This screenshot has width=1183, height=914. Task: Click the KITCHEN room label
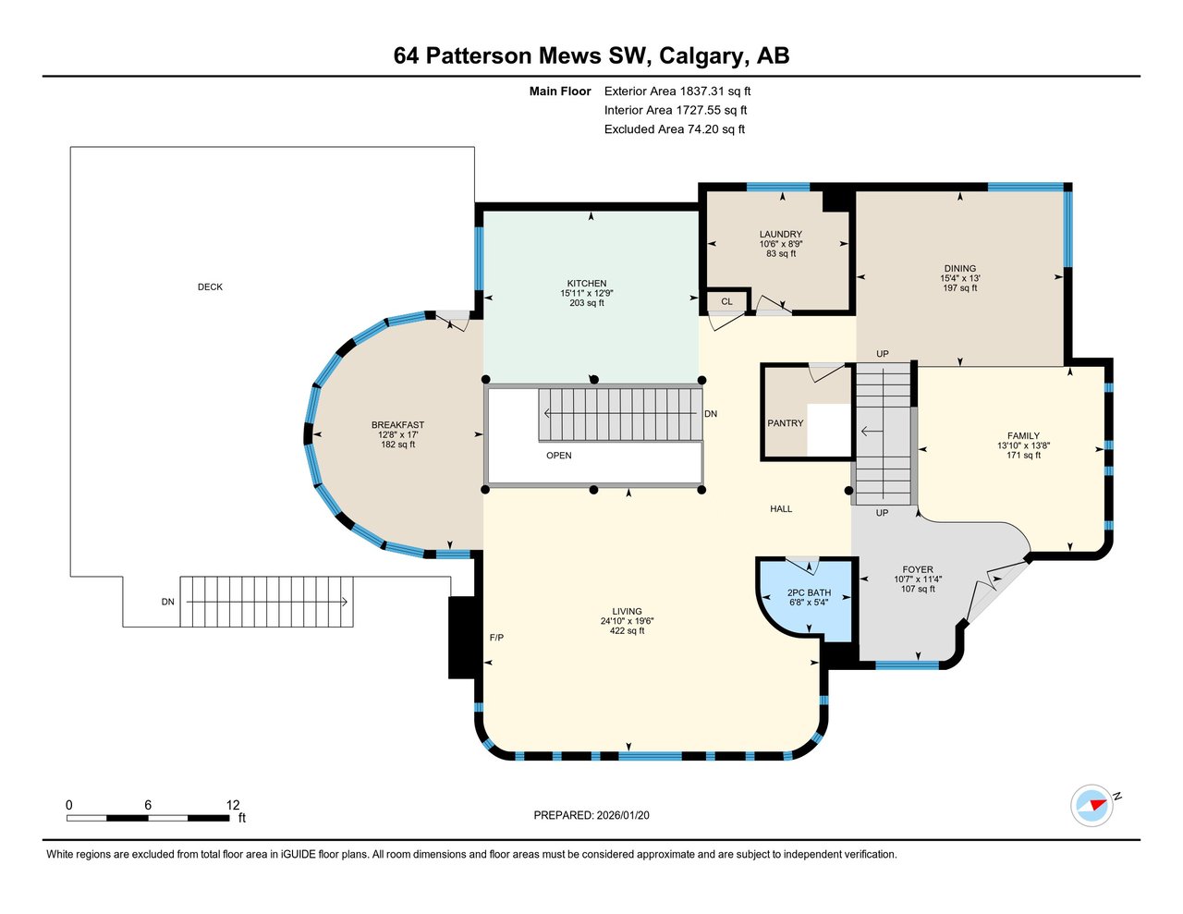[x=587, y=284]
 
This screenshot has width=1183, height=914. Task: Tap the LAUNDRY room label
[x=781, y=235]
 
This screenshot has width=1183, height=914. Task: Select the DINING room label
[x=960, y=269]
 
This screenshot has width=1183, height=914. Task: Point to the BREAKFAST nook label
[x=397, y=425]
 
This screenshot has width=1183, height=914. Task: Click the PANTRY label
[x=786, y=423]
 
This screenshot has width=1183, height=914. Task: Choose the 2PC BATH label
[x=809, y=593]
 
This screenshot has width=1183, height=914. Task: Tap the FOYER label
[x=918, y=570]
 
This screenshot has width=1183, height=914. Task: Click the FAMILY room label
[x=1023, y=436]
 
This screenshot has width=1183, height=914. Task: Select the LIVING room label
[x=627, y=612]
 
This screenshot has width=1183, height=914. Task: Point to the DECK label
[x=210, y=287]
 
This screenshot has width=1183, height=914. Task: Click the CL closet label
[x=727, y=301]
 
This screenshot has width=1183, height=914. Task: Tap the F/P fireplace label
[x=496, y=638]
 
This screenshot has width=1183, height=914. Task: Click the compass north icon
[x=1092, y=805]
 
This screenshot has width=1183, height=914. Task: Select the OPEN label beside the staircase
[x=559, y=456]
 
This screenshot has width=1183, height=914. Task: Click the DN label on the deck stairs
[x=167, y=602]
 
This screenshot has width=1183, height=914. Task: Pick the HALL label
[x=781, y=509]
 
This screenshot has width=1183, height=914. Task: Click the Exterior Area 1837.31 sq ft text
[x=677, y=91]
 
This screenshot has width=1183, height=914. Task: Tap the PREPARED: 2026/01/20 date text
[x=598, y=815]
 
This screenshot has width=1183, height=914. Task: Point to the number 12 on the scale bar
[x=233, y=805]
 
